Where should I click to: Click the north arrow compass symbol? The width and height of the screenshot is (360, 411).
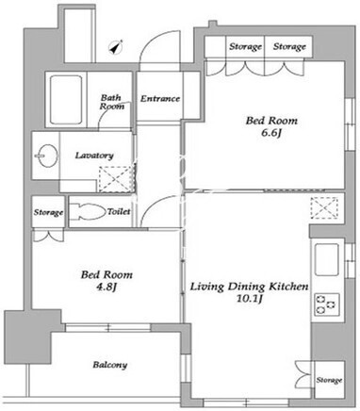point(116,47)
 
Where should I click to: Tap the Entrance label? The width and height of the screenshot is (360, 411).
point(160,99)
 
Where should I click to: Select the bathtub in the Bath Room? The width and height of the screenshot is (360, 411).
point(66,100)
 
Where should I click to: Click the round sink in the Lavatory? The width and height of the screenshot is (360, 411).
point(47,156)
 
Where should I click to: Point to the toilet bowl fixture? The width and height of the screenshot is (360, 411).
point(88,212)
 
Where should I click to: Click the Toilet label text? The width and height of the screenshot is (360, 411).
point(119,211)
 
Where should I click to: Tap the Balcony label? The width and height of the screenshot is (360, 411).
point(110,365)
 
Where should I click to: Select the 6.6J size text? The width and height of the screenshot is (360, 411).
point(271,133)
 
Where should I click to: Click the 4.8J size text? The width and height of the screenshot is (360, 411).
point(106,288)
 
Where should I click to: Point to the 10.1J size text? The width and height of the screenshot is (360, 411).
point(250,299)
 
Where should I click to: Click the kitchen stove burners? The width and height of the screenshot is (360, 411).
point(325,304)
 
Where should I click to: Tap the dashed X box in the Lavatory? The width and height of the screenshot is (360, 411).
point(117,179)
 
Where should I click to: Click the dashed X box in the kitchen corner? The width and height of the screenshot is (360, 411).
point(324,208)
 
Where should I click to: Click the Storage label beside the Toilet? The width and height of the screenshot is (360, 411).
point(48,213)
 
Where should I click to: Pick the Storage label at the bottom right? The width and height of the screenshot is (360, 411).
point(329,380)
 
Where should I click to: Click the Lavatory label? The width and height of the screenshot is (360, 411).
point(94,156)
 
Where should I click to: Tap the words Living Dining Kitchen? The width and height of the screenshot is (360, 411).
point(250,287)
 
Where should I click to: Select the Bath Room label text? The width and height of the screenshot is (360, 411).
point(112,102)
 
